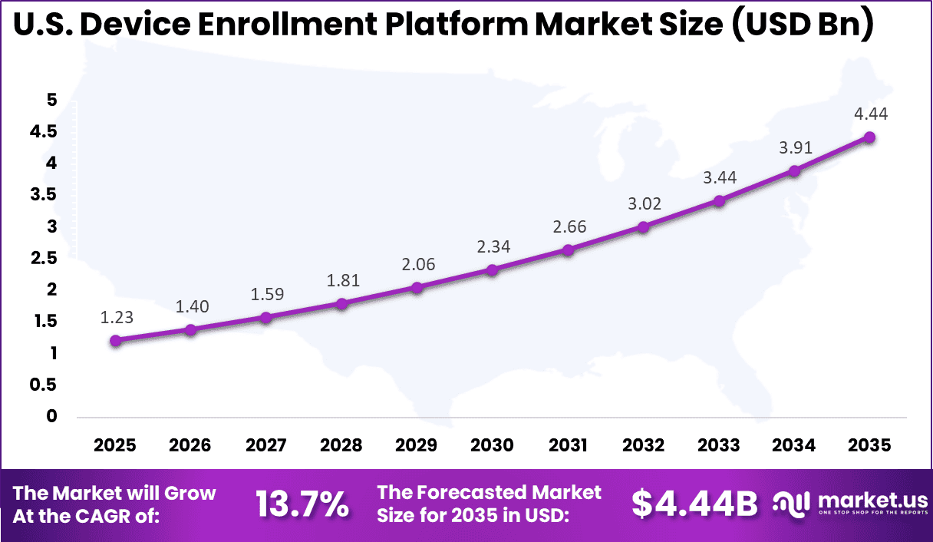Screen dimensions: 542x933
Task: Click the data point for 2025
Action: (115, 341)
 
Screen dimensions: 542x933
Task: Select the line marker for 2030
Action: (493, 270)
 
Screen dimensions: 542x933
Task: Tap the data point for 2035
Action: (870, 137)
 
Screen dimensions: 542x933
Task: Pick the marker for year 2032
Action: (643, 227)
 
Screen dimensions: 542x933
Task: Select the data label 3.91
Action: (795, 147)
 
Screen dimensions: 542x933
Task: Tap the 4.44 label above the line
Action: (870, 114)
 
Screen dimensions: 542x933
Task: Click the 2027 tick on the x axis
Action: (266, 445)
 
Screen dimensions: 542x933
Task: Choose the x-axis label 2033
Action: (719, 445)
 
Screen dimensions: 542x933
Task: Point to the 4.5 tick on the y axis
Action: (43, 131)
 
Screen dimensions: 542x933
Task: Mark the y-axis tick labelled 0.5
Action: (43, 385)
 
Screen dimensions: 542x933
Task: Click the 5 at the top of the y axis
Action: (51, 99)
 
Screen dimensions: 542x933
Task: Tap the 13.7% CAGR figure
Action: (302, 504)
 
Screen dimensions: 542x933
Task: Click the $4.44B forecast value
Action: (694, 504)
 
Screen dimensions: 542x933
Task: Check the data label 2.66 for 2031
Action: (568, 227)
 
